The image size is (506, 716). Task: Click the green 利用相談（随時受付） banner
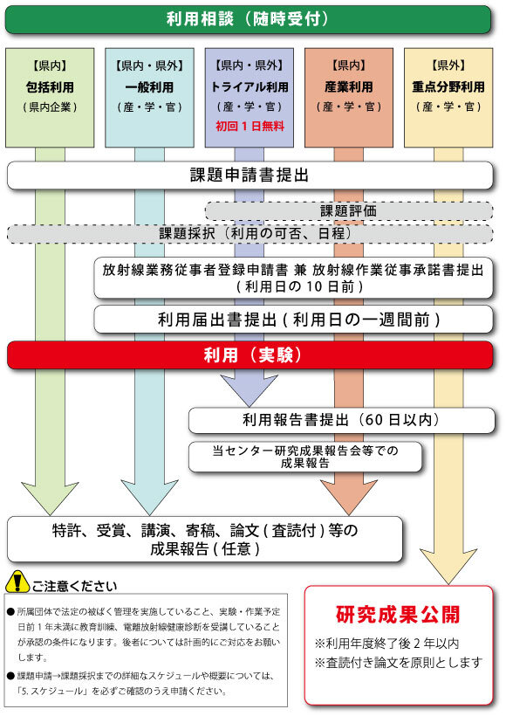(x=248, y=19)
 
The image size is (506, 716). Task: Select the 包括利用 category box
(x=50, y=98)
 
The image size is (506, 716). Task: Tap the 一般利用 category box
(x=149, y=98)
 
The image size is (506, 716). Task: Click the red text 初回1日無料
(x=250, y=126)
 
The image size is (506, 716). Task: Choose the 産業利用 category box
(x=349, y=98)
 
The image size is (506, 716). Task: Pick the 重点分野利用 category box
(x=448, y=98)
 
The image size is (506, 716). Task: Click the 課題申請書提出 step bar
(x=250, y=176)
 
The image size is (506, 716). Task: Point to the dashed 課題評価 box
(x=349, y=211)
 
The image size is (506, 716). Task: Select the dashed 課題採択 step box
(x=250, y=233)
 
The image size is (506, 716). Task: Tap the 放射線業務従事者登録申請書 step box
(x=293, y=278)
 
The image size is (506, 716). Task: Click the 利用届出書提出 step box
(x=293, y=320)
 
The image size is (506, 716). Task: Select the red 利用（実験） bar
(x=250, y=355)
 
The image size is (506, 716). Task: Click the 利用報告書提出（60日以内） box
(x=341, y=420)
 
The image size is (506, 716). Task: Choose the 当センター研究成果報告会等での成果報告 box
(x=305, y=457)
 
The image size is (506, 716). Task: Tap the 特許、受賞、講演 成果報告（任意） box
(x=205, y=540)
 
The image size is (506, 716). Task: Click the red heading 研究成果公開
(x=399, y=615)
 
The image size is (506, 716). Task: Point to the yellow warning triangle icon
(x=17, y=582)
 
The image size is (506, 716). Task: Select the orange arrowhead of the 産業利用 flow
(x=349, y=498)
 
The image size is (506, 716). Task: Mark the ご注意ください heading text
(x=75, y=586)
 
